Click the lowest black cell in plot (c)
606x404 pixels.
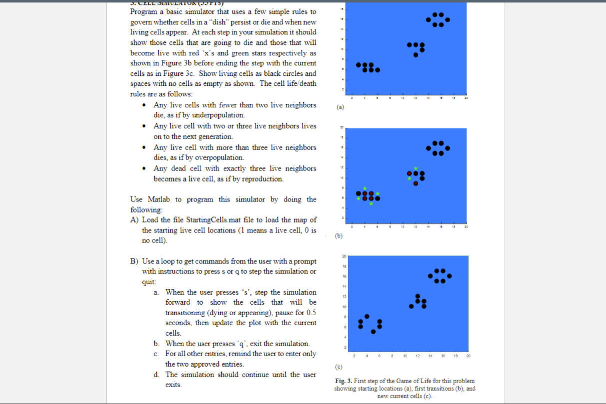(373, 332)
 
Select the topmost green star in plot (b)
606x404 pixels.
(415, 168)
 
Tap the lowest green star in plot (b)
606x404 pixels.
(371, 203)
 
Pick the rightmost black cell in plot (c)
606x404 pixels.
(449, 276)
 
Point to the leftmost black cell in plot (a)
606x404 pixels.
(358, 65)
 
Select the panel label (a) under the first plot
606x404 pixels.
(340, 107)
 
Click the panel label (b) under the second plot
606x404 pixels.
(340, 236)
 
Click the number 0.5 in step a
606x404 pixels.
(310, 313)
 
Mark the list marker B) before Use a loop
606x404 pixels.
(134, 261)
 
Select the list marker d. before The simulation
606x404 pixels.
(157, 375)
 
